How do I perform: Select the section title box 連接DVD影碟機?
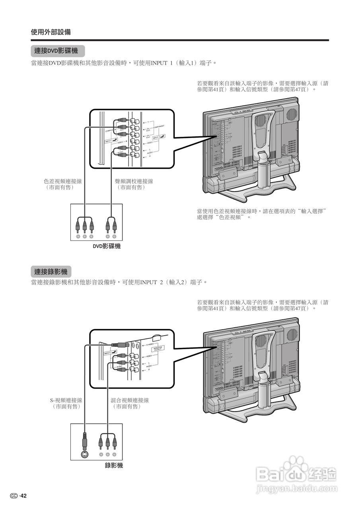click(x=58, y=51)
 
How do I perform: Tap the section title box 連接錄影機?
click(x=51, y=272)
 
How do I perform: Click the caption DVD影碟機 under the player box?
click(x=107, y=247)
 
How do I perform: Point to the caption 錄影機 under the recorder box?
click(x=114, y=465)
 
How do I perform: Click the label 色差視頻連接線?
click(x=63, y=181)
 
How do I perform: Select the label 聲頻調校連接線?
click(x=134, y=181)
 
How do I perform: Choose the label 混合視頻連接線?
click(x=130, y=400)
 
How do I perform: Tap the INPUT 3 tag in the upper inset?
click(x=158, y=137)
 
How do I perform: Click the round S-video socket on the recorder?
click(x=84, y=455)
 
